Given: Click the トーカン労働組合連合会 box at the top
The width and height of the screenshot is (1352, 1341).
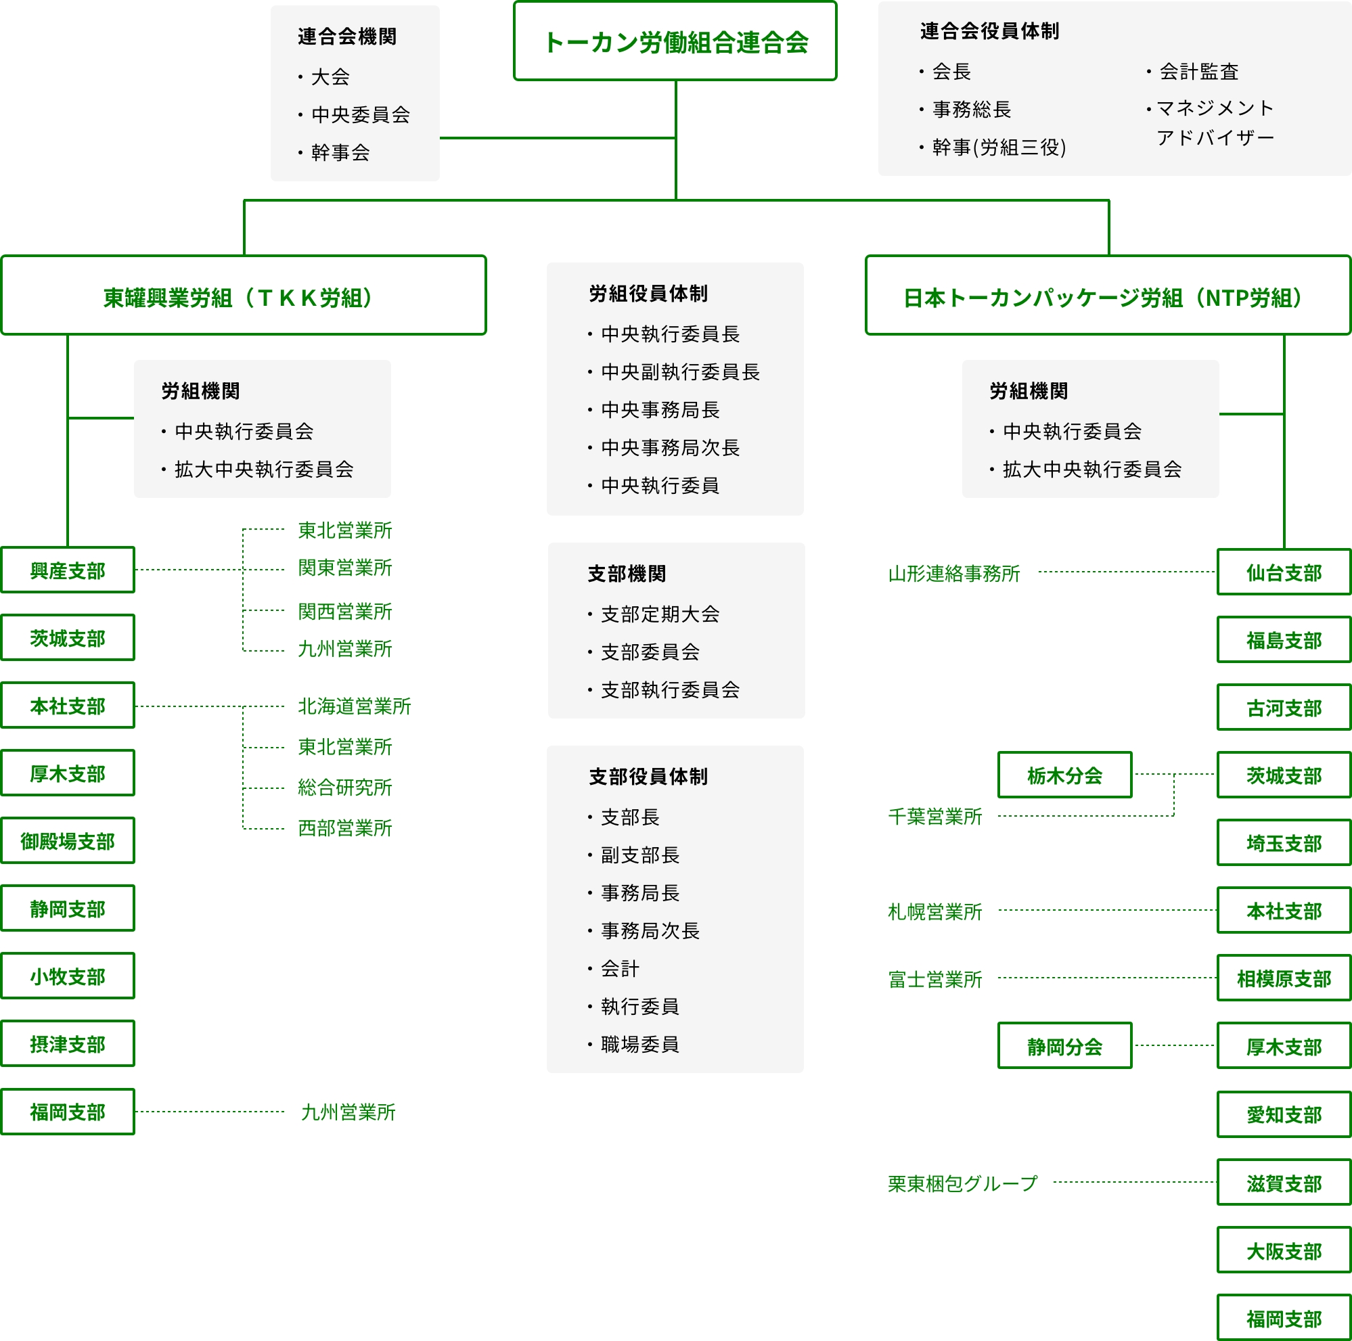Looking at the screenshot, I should [x=675, y=41].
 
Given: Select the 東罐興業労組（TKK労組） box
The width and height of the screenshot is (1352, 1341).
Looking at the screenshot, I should [x=243, y=296].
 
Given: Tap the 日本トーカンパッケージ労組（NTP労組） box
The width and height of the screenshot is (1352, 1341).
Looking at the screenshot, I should [x=1108, y=296].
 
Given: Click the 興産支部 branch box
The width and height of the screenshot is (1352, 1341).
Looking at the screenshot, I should [x=68, y=570].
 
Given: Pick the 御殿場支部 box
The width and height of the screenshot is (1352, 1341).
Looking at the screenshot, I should [x=68, y=841].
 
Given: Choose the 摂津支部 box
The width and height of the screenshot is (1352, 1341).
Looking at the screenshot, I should [x=68, y=1044].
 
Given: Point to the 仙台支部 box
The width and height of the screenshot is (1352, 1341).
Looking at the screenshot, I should [x=1284, y=572].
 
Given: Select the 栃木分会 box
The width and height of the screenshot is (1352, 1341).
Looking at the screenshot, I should [x=1064, y=775].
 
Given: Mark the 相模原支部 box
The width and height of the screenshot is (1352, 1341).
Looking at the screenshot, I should [x=1284, y=978].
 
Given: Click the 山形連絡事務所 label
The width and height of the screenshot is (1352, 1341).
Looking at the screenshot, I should [x=954, y=574].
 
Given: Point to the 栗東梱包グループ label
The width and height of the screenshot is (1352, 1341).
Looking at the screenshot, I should [x=962, y=1183].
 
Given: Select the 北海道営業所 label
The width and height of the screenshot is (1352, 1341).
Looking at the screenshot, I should [x=354, y=706].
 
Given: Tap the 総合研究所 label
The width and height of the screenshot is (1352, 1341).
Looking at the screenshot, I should [x=345, y=788].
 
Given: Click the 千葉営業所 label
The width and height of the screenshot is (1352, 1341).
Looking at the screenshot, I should [x=935, y=817].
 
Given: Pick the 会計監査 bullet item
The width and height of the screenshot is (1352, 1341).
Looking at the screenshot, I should [x=1199, y=71].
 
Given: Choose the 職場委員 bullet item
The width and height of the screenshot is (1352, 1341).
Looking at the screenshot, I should [x=639, y=1045].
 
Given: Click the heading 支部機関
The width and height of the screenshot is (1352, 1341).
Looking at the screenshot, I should [x=627, y=574].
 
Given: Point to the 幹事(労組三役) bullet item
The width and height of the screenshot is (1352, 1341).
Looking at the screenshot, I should [x=999, y=147].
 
